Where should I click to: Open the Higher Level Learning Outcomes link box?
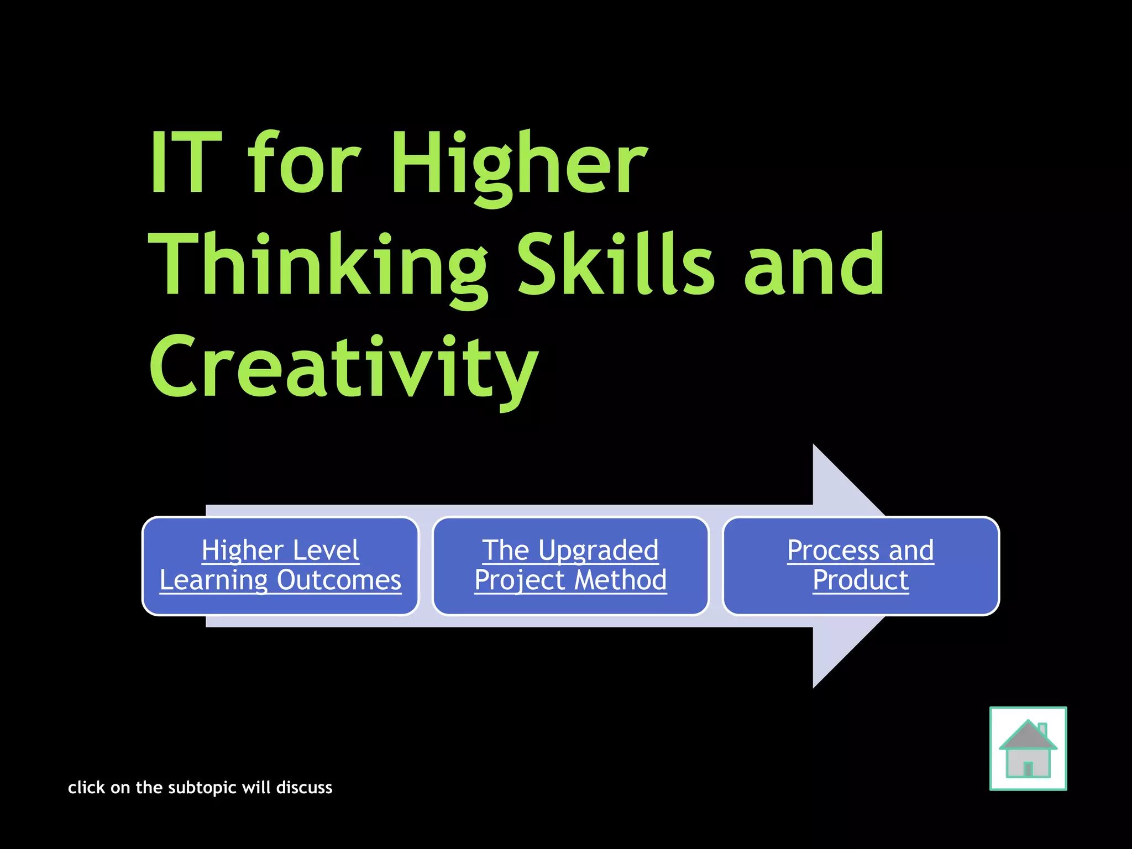coord(280,565)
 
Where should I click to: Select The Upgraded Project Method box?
coord(570,565)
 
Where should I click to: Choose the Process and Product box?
coord(861,565)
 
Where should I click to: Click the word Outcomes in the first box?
coord(339,580)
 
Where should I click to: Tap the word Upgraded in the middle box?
coord(599,551)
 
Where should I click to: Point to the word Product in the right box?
coord(861,580)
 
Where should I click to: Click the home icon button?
coord(1028,748)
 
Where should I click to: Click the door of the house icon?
coord(1028,768)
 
